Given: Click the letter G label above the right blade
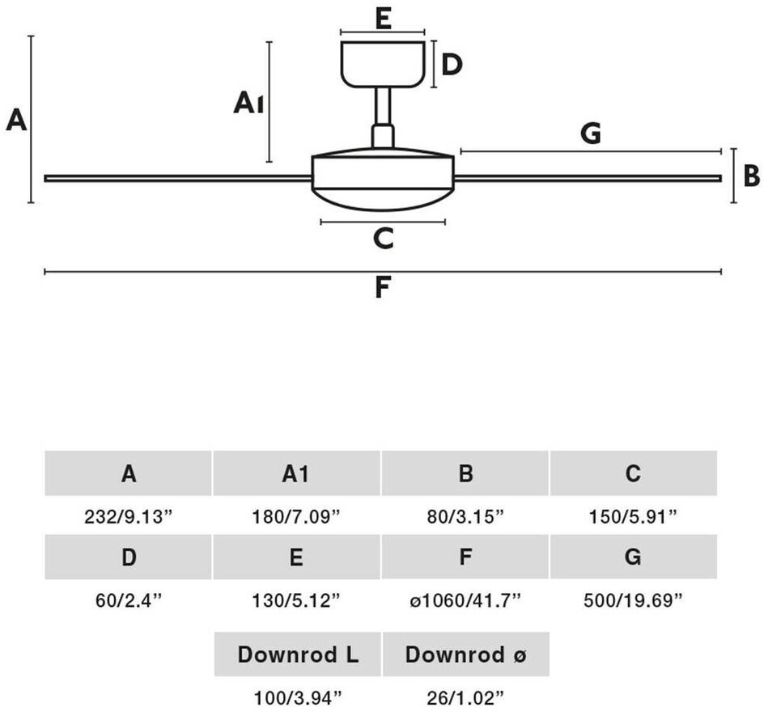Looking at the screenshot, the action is [x=591, y=133].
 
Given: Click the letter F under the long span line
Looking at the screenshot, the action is [x=383, y=287].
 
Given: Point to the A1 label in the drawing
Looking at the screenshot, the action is [x=248, y=103].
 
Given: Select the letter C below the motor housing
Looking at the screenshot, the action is [x=383, y=238].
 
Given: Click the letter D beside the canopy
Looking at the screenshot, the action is [x=451, y=65].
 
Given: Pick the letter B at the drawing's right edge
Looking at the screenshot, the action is [x=751, y=176].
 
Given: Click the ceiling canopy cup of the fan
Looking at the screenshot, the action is [x=383, y=64].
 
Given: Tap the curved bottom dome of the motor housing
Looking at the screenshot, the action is [x=383, y=200].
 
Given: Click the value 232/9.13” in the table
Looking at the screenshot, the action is [x=129, y=516].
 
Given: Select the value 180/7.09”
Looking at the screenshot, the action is [x=295, y=516].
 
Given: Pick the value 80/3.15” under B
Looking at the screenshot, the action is [x=465, y=516].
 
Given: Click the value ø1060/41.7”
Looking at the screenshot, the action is [x=465, y=600].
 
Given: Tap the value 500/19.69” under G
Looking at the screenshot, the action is [x=633, y=600].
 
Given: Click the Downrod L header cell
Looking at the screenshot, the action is [x=298, y=654].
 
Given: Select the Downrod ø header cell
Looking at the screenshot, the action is [x=466, y=654].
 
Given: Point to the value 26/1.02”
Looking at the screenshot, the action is [x=465, y=698].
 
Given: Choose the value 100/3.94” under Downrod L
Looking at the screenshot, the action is [x=298, y=698].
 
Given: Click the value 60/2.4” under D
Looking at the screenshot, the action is [x=128, y=600].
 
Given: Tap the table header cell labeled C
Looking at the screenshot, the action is [x=634, y=473].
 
